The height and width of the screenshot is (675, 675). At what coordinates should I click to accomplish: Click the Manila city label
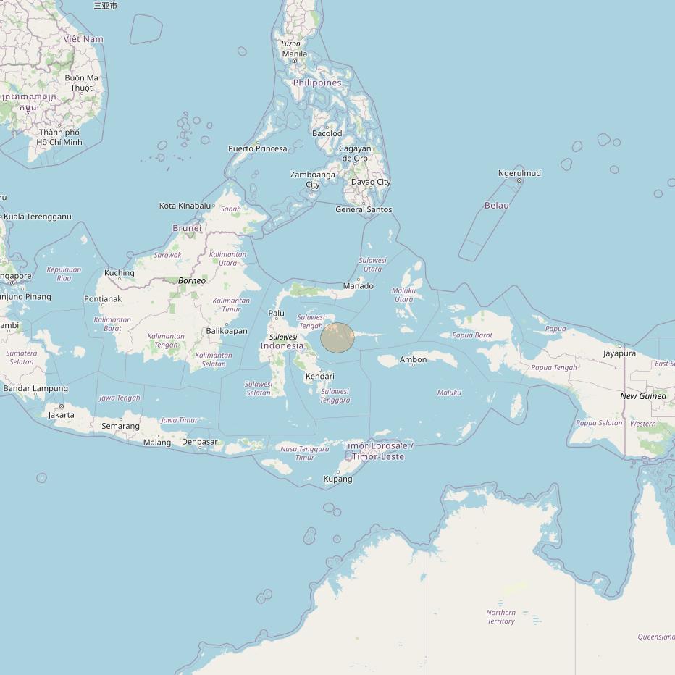click(294, 54)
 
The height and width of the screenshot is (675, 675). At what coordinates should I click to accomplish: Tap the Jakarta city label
click(61, 415)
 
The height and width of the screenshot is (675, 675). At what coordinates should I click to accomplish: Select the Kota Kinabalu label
click(185, 206)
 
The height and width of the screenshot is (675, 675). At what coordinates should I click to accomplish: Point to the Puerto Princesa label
click(257, 148)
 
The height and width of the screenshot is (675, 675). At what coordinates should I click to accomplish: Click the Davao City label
click(371, 182)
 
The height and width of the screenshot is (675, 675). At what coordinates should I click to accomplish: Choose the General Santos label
click(364, 209)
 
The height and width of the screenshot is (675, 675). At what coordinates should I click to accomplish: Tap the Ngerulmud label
click(519, 173)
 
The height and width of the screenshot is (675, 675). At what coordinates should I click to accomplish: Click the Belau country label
click(496, 205)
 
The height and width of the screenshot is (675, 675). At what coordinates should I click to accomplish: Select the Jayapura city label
click(619, 353)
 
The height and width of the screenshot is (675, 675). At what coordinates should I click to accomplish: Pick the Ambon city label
click(413, 359)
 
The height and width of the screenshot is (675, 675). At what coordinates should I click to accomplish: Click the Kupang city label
click(337, 479)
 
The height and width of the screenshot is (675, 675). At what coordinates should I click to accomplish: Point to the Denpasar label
click(199, 442)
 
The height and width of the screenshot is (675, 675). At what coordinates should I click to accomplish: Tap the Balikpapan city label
click(227, 331)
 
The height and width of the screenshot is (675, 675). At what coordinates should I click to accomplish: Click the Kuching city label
click(120, 273)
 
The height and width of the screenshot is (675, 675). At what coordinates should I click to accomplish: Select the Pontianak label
click(103, 298)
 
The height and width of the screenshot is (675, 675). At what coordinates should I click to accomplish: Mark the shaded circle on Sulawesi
click(337, 338)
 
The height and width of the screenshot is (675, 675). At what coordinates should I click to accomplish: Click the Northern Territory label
click(500, 617)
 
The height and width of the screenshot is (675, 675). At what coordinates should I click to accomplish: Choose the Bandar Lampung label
click(35, 389)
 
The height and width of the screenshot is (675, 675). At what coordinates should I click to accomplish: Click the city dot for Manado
click(359, 278)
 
